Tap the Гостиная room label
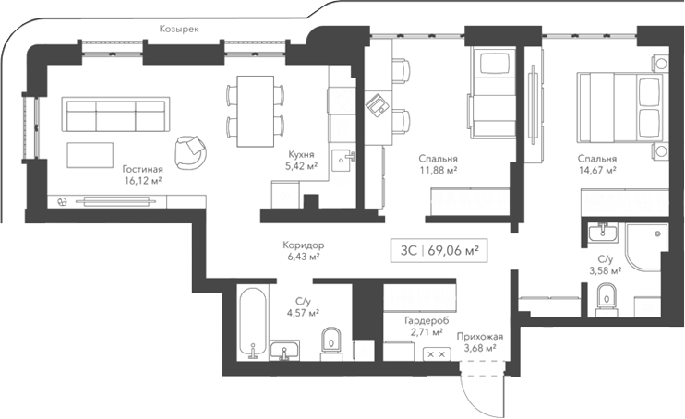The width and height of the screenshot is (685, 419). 142,175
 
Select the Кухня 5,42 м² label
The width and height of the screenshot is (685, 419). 301,160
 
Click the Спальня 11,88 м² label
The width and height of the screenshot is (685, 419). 437,163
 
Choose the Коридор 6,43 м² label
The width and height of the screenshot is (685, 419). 303,251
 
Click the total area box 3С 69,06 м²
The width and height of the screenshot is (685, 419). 439,248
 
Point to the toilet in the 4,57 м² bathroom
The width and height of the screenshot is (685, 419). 330,344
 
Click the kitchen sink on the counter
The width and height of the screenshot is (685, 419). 345,159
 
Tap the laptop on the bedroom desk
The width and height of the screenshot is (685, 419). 376,104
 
